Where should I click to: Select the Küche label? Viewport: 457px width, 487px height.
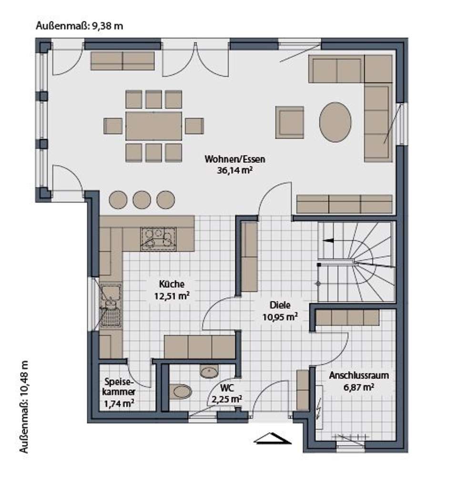(172, 285)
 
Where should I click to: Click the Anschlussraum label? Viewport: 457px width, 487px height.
(358, 375)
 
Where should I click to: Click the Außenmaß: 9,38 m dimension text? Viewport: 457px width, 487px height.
(80, 26)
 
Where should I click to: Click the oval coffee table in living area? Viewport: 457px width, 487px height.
(335, 121)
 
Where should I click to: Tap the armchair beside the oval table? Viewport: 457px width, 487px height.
(289, 122)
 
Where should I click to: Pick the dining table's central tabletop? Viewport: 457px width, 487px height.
(153, 126)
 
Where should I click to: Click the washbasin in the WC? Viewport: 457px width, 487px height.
(209, 372)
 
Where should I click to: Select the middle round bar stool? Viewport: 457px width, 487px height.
(142, 200)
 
